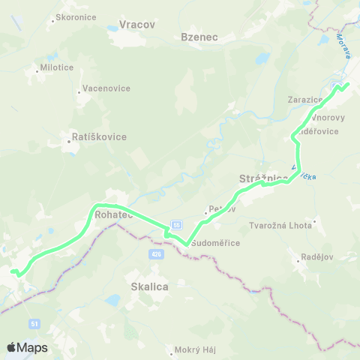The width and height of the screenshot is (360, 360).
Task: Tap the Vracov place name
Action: click(x=136, y=25)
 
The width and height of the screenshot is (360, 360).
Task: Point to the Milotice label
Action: click(x=55, y=67)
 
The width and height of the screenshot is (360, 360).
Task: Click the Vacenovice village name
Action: click(x=106, y=88)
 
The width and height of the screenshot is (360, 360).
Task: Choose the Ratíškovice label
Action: click(x=98, y=137)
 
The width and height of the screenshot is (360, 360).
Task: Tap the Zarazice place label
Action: click(x=304, y=99)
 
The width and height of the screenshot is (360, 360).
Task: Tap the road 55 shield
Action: click(x=176, y=224)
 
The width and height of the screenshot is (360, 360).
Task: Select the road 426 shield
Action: click(x=155, y=255)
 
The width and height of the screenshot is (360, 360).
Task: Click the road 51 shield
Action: click(x=35, y=323)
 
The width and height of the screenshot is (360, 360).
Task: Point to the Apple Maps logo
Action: click(x=27, y=347)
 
